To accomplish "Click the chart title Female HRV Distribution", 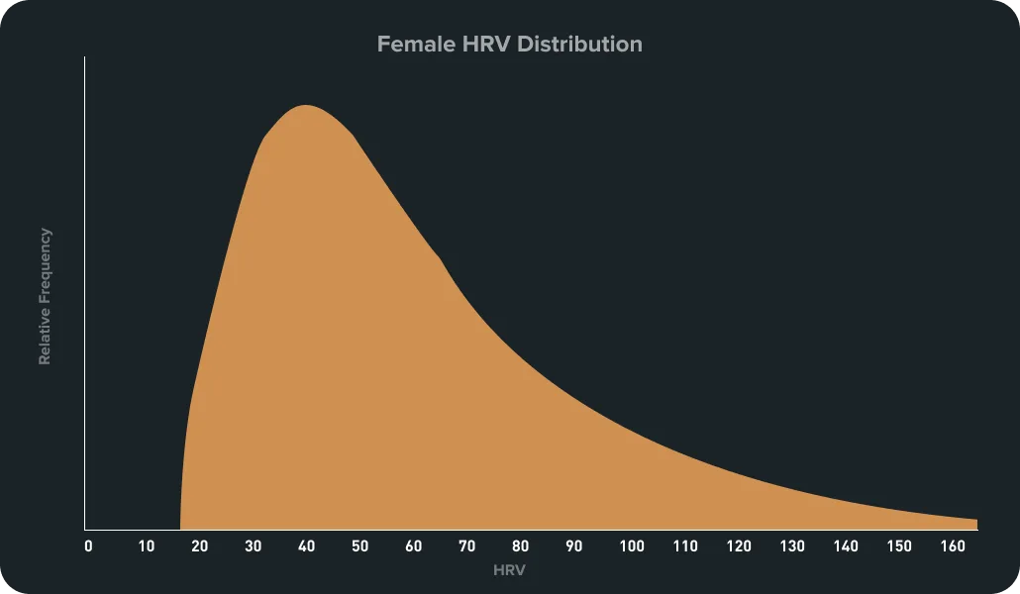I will click(509, 45).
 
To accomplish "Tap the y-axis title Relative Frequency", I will click(45, 296).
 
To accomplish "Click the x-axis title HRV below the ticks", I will click(509, 571).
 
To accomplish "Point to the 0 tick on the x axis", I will click(88, 546).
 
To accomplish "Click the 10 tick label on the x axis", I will click(146, 546).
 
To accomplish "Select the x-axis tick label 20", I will click(199, 546).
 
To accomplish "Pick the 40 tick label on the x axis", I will click(306, 546).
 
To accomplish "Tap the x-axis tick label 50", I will click(359, 546).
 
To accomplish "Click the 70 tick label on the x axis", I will click(466, 546).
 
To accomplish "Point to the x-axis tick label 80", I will click(521, 546).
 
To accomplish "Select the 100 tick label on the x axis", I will click(631, 546).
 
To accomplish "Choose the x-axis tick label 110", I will click(684, 546).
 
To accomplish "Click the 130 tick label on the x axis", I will click(791, 546).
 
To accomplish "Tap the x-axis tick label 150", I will click(899, 546).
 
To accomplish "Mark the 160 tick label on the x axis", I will click(953, 546).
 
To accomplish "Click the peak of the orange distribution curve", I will click(306, 106).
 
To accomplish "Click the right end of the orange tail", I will click(974, 523).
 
